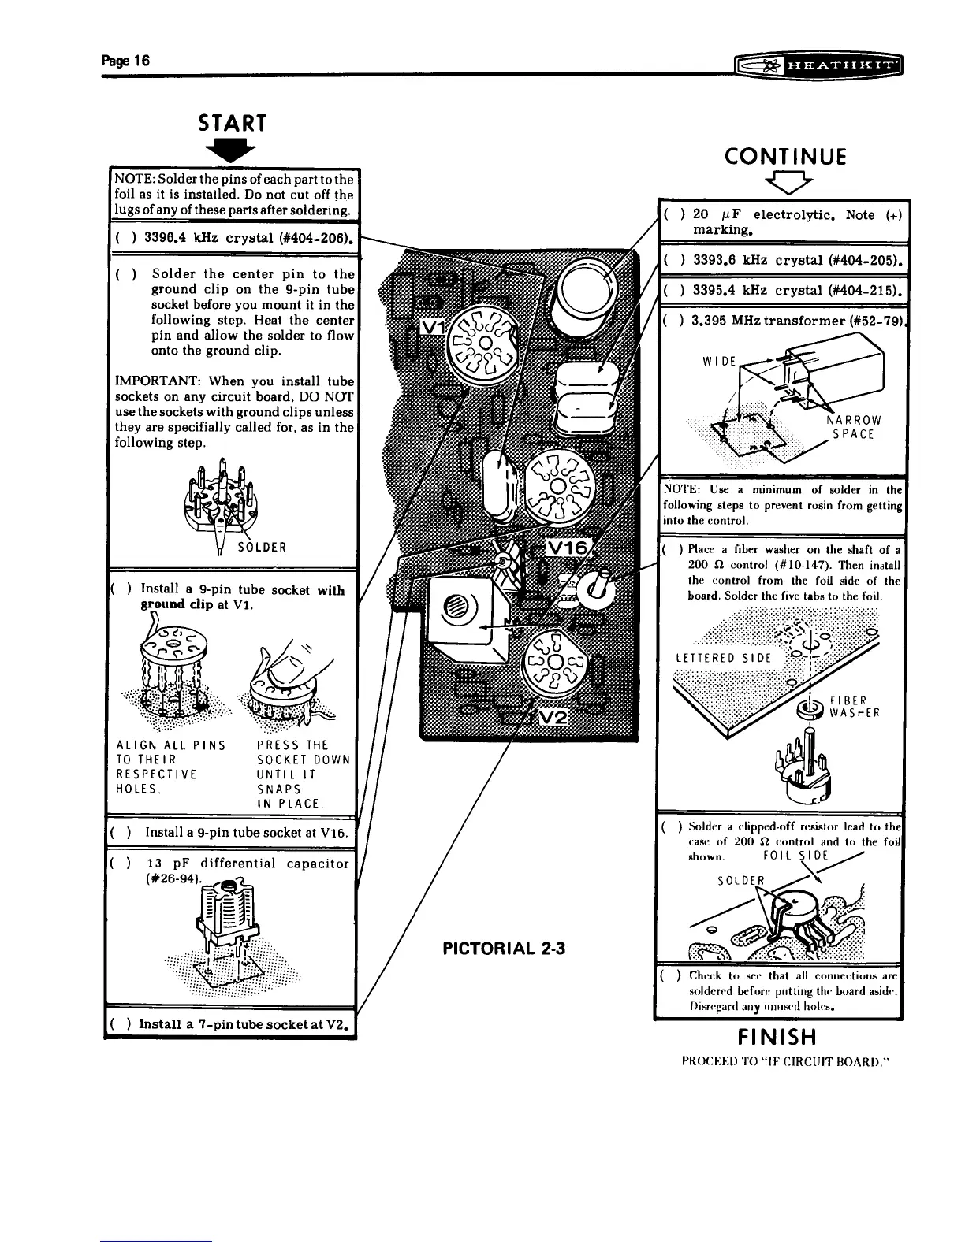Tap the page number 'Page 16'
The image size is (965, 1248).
125,61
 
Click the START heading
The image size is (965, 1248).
233,123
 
